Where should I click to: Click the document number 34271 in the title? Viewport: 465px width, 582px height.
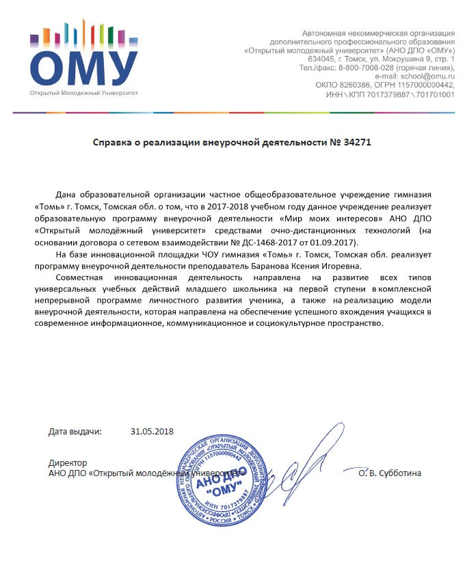click(358, 143)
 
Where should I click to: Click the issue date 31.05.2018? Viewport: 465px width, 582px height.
click(152, 432)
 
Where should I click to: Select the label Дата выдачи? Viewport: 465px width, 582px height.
click(75, 432)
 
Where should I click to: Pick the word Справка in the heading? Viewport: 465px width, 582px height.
click(114, 143)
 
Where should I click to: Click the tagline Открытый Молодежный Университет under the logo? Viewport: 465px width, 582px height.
click(83, 92)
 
